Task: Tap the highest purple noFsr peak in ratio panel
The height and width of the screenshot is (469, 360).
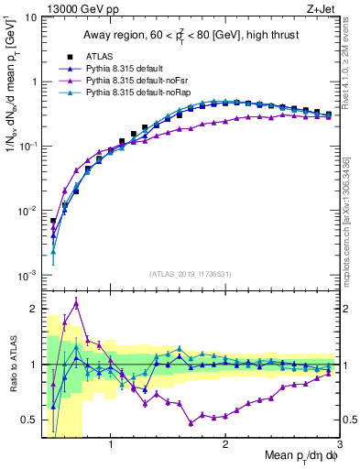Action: tap(76, 303)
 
